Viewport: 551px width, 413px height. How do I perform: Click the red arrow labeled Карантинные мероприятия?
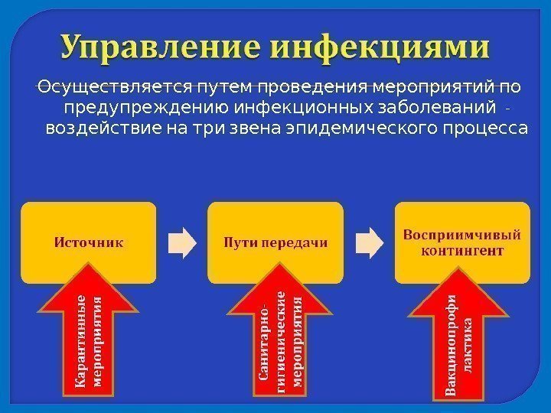[x=89, y=337]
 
